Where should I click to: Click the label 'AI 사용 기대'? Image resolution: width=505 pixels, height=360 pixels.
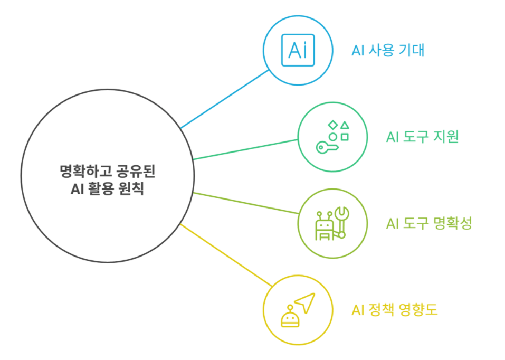pyautogui.click(x=388, y=51)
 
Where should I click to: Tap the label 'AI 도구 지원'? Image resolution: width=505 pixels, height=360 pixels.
pyautogui.click(x=422, y=137)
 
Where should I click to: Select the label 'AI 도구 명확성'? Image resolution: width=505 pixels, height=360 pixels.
pyautogui.click(x=428, y=223)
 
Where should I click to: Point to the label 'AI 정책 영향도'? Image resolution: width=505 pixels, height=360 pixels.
pyautogui.click(x=394, y=309)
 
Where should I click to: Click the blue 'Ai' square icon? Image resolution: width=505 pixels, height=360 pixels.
pyautogui.click(x=298, y=50)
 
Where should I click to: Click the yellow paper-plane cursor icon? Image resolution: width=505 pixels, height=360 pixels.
pyautogui.click(x=304, y=303)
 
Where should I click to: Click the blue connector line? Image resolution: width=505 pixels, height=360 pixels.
pyautogui.click(x=225, y=99)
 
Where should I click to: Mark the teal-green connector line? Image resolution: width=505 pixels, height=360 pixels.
pyautogui.click(x=245, y=149)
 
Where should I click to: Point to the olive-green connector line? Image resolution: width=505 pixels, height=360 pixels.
pyautogui.click(x=245, y=203)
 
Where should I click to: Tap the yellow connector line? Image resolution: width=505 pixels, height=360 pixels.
pyautogui.click(x=225, y=255)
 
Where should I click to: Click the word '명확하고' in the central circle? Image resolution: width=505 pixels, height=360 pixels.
pyautogui.click(x=80, y=172)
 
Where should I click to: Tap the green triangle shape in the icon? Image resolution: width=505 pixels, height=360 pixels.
pyautogui.click(x=345, y=125)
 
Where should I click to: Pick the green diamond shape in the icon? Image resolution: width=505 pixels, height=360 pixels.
pyautogui.click(x=333, y=125)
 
